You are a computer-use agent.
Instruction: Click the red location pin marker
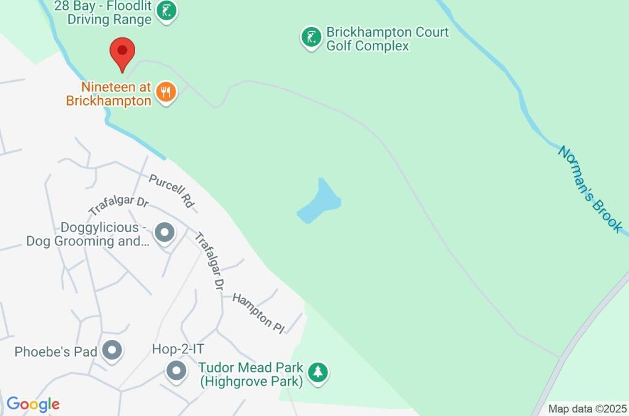pyautogui.click(x=122, y=53)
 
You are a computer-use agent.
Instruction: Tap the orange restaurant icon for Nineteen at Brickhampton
pyautogui.click(x=165, y=92)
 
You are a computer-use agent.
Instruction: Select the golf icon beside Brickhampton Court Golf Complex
pyautogui.click(x=311, y=37)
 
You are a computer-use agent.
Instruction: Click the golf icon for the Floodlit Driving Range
pyautogui.click(x=166, y=11)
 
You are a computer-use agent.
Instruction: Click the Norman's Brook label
pyautogui.click(x=590, y=188)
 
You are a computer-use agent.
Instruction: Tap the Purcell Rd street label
pyautogui.click(x=171, y=190)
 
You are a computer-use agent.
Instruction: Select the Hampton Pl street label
pyautogui.click(x=259, y=313)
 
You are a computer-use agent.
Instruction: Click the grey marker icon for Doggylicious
pyautogui.click(x=164, y=233)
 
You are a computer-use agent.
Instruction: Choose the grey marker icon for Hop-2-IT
pyautogui.click(x=176, y=371)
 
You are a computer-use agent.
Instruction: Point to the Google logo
pyautogui.click(x=33, y=404)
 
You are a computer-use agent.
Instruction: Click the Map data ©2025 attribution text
pyautogui.click(x=588, y=409)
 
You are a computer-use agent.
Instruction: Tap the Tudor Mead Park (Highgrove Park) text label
pyautogui.click(x=251, y=375)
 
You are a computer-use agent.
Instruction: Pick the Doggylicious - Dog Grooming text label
pyautogui.click(x=87, y=234)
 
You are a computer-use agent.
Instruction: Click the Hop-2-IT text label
pyautogui.click(x=178, y=349)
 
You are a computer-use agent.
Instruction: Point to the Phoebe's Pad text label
pyautogui.click(x=56, y=352)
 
